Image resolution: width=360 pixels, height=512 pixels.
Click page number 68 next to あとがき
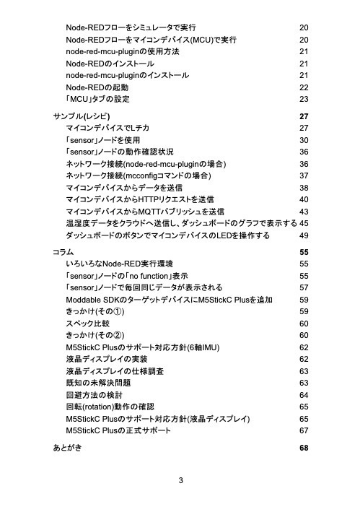[303, 448]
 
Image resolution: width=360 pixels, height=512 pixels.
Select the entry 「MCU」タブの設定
[97, 98]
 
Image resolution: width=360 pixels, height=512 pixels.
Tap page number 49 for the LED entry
[303, 235]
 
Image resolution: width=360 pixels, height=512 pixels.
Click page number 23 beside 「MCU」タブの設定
[303, 98]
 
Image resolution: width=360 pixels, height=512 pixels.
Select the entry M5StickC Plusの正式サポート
[118, 431]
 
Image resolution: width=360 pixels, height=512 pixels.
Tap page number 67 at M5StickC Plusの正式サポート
[303, 431]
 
